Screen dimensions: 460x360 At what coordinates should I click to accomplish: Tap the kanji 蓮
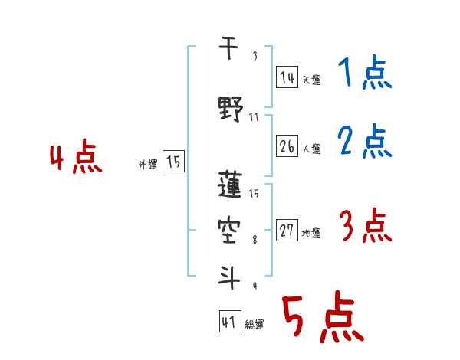point(230,185)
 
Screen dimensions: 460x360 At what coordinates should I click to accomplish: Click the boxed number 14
point(287,77)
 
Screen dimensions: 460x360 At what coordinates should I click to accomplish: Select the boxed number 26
point(287,146)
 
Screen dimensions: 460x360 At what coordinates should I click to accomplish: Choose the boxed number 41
point(229,322)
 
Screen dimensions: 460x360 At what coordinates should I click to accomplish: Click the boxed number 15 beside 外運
point(174,162)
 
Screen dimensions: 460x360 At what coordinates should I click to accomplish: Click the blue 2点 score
point(365,142)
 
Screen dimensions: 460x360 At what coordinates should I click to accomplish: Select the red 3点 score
point(365,227)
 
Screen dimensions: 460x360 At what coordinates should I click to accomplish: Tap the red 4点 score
point(75,159)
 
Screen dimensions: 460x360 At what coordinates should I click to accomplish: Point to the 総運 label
point(255,325)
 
